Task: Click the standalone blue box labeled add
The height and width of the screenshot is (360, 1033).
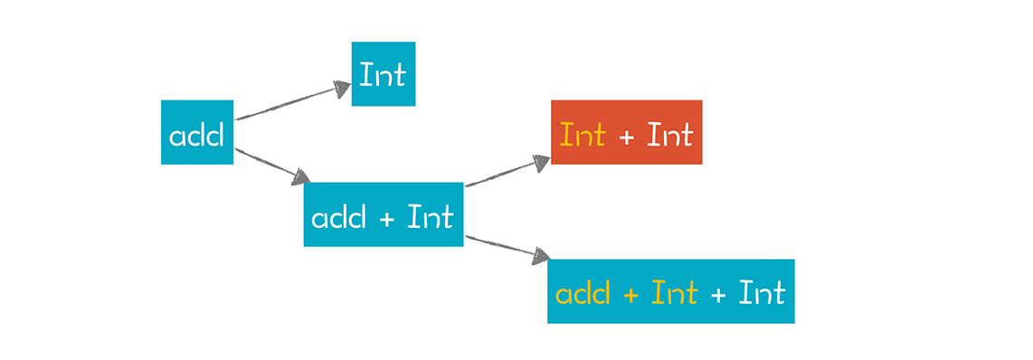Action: click(197, 132)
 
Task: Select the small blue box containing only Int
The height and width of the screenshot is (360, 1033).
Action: click(384, 74)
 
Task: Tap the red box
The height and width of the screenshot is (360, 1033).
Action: click(627, 132)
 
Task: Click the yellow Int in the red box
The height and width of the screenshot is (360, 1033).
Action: click(583, 135)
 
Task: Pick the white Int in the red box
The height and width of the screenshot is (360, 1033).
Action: click(670, 135)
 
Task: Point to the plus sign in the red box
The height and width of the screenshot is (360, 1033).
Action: click(627, 137)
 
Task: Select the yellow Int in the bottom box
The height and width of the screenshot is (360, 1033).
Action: click(675, 293)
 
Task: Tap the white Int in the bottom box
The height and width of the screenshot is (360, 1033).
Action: click(763, 293)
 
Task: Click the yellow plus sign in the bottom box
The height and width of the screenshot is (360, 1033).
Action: click(630, 295)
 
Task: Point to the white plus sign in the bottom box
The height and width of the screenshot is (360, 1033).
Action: click(719, 295)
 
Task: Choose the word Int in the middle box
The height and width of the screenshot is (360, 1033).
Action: click(431, 216)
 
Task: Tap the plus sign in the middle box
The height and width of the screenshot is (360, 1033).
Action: click(387, 219)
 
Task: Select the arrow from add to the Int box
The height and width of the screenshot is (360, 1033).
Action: click(293, 101)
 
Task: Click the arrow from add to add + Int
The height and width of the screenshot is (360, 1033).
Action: click(273, 166)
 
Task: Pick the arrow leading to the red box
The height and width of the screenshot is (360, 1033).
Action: click(508, 171)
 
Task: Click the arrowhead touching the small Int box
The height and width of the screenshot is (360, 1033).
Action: click(343, 89)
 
